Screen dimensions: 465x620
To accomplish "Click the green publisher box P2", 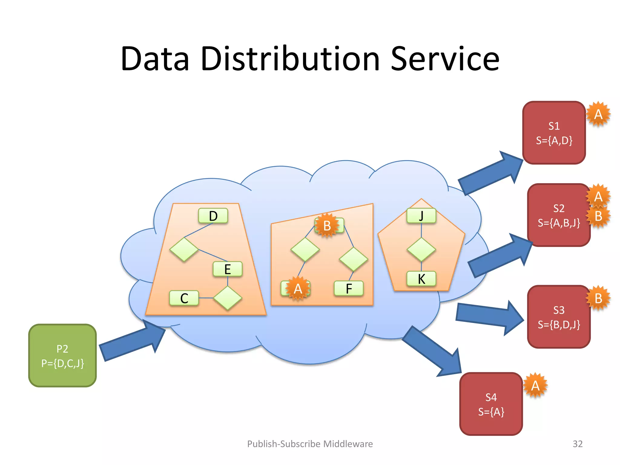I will (62, 355).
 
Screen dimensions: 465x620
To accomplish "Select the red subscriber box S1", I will (554, 133).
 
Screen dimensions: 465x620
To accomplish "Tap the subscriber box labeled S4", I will (491, 404).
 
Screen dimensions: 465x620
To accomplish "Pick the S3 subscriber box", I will (559, 317).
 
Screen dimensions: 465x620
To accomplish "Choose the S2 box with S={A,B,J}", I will (559, 215).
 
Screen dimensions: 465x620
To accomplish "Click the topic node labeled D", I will (213, 216).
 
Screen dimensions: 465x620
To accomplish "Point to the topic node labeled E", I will (227, 269).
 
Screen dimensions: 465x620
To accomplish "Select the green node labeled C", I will (184, 298).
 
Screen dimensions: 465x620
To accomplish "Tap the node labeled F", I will (349, 289).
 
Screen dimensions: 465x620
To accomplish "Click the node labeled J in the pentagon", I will (421, 216).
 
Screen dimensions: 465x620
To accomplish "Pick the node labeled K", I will (421, 279).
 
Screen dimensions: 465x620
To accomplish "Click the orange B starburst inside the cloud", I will (327, 226).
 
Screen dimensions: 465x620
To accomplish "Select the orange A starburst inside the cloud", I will (298, 289).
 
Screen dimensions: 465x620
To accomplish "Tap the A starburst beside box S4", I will (535, 385).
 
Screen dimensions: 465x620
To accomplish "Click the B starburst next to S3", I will (598, 298).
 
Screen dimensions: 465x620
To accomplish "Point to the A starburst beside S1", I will (598, 114).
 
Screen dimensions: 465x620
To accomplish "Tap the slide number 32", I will (577, 444).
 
